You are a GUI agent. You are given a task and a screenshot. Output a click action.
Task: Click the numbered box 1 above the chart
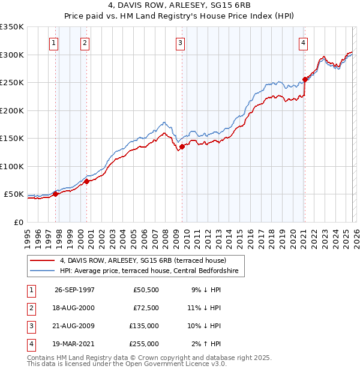(54, 43)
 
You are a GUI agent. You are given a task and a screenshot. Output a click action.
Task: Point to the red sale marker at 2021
(305, 79)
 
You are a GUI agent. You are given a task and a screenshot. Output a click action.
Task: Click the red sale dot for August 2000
(86, 181)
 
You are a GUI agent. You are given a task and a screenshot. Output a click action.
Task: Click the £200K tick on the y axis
(12, 110)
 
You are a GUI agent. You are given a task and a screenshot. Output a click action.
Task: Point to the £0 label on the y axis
(19, 222)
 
